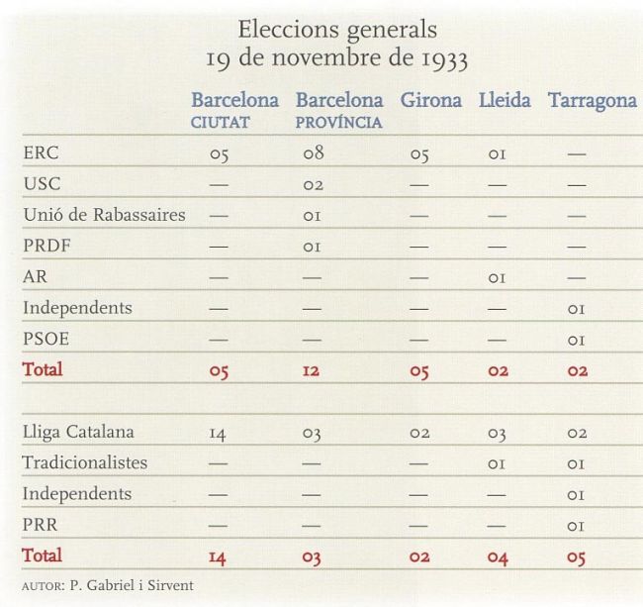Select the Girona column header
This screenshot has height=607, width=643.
click(x=430, y=100)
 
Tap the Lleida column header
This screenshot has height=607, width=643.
click(x=504, y=100)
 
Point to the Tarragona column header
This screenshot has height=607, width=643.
click(x=592, y=100)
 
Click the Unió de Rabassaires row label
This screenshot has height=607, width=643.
click(x=104, y=215)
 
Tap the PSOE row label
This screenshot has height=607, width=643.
click(x=46, y=339)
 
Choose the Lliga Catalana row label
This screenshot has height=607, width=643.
click(x=78, y=432)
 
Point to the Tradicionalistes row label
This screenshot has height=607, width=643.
click(x=85, y=462)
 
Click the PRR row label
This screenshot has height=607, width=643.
click(x=40, y=524)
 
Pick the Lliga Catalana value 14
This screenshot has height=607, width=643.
click(x=219, y=433)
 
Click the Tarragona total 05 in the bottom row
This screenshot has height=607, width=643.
click(x=576, y=556)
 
